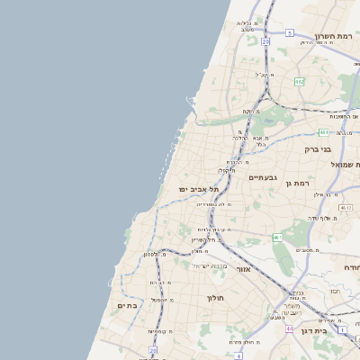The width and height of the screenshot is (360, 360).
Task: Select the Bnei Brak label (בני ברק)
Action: pyautogui.click(x=318, y=148)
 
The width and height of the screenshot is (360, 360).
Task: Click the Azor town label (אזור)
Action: pyautogui.click(x=243, y=269)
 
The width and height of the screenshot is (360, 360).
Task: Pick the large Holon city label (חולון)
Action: pyautogui.click(x=215, y=297)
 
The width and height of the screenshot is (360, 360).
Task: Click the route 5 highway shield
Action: pyautogui.click(x=289, y=32)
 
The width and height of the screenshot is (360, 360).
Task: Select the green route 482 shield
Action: pyautogui.click(x=299, y=81)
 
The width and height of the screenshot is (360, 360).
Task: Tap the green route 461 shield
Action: pyautogui.click(x=278, y=238)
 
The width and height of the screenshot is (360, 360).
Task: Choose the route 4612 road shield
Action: pyautogui.click(x=346, y=207)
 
